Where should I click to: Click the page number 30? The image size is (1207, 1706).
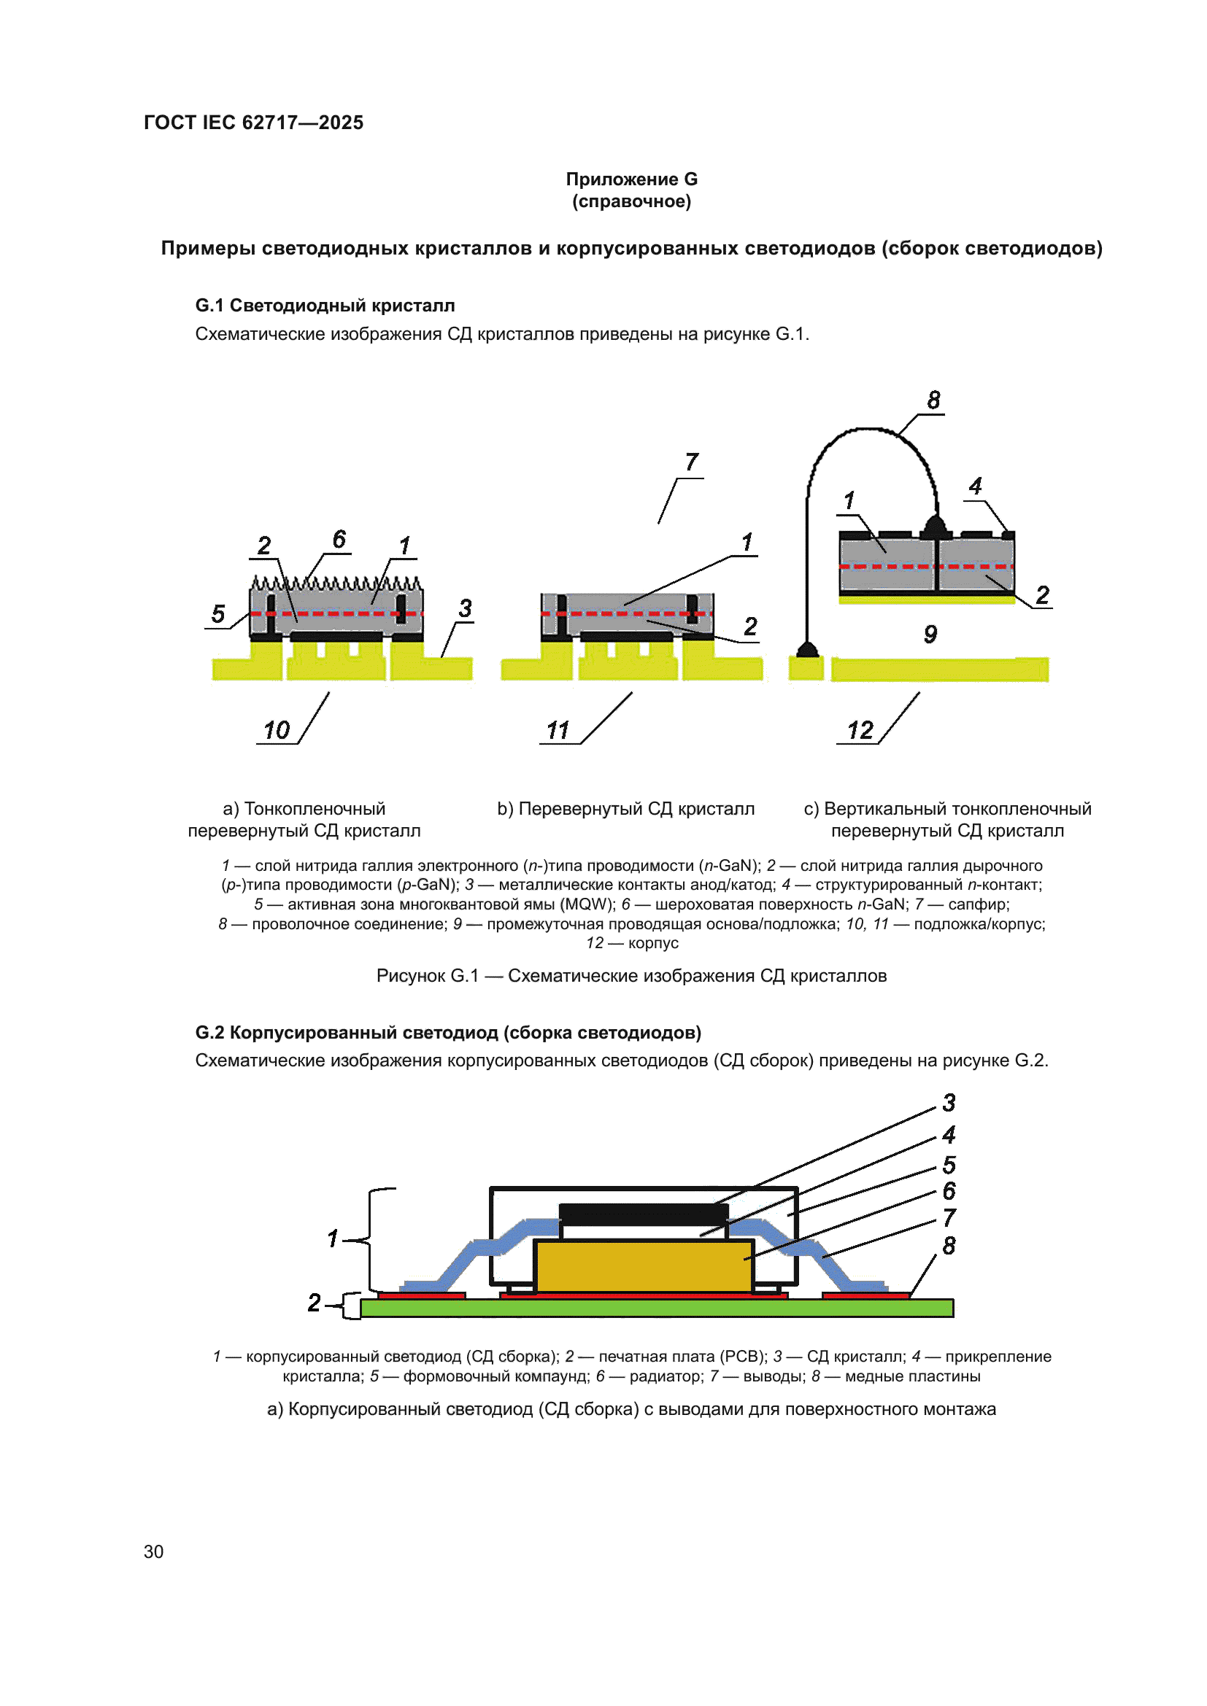153,1551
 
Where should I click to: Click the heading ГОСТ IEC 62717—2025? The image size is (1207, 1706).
253,123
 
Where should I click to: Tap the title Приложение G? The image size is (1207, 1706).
631,179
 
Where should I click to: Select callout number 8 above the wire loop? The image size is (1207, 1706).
933,400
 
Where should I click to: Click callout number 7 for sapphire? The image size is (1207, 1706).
692,462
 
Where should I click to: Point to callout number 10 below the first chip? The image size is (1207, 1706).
277,730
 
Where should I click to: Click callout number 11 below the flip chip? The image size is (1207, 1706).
558,730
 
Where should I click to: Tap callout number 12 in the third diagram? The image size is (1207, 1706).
860,730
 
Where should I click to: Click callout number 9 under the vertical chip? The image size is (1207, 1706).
930,634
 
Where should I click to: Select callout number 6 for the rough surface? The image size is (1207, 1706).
339,539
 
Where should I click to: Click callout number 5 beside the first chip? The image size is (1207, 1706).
217,613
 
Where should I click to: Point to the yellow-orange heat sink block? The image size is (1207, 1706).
644,1267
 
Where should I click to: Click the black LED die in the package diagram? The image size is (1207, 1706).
644,1214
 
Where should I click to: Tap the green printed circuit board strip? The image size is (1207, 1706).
656,1308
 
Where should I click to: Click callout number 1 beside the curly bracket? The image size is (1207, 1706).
333,1238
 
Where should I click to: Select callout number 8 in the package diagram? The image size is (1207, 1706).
949,1246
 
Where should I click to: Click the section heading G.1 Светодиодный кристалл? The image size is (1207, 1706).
325,306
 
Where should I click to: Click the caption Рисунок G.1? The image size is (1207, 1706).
631,976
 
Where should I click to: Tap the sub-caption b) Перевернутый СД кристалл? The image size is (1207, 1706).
625,808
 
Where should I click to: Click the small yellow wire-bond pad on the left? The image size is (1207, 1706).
806,669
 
